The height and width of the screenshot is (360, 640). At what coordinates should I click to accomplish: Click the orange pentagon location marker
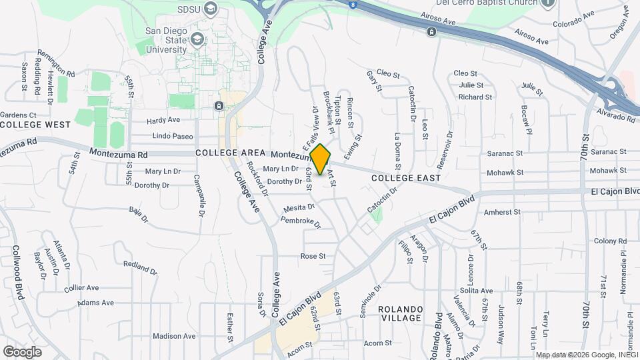(x=321, y=160)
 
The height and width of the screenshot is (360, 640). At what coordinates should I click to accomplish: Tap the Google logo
(x=23, y=351)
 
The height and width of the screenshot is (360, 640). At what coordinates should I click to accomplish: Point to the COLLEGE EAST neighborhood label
(x=406, y=178)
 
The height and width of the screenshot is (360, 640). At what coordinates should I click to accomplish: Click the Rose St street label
(x=313, y=256)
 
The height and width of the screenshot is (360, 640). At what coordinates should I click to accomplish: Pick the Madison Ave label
(x=173, y=336)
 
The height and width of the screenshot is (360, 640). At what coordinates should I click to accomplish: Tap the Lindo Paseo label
(x=173, y=136)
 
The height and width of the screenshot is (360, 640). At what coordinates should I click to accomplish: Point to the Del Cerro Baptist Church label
(x=480, y=3)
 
